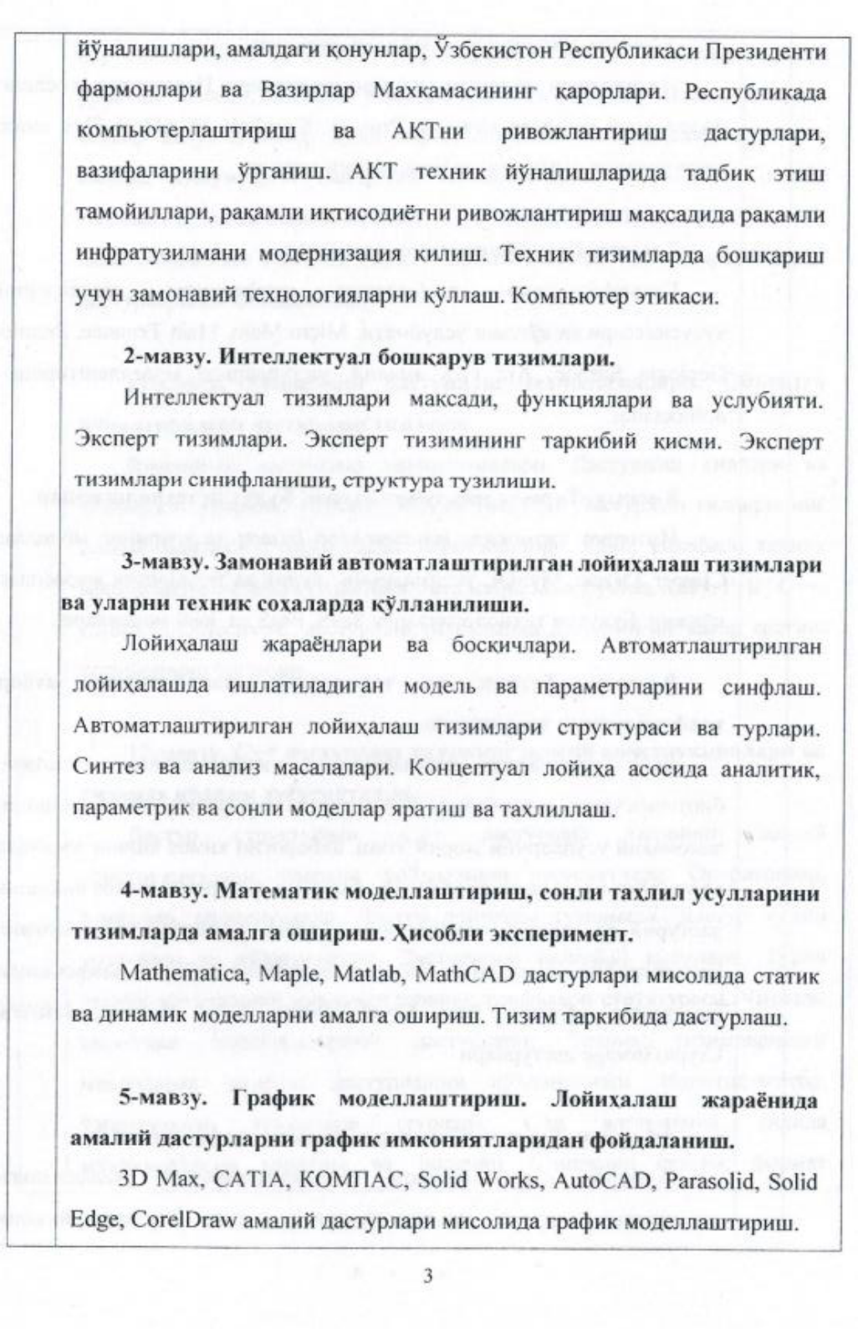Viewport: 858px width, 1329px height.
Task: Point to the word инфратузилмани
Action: [x=160, y=254]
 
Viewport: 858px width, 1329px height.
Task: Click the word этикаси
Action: [x=673, y=295]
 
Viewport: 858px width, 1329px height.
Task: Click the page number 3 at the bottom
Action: [x=427, y=1276]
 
